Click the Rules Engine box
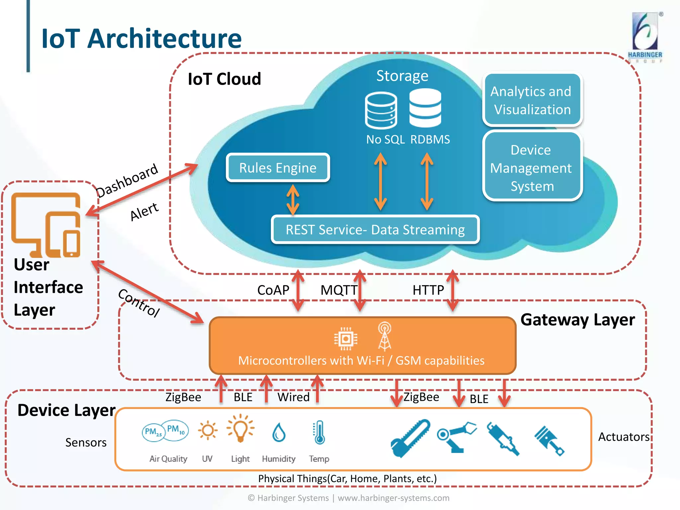278,168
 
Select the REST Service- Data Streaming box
375,230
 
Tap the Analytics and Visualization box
532,100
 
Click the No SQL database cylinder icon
381,111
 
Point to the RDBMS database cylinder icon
425,108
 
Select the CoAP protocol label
273,290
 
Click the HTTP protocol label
428,290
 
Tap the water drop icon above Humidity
279,433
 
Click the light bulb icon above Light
240,429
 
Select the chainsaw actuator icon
411,438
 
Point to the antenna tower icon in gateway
384,337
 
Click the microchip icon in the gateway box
346,339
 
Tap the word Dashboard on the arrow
127,180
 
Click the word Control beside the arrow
139,302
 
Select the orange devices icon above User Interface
46,225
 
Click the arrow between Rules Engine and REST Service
293,200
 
